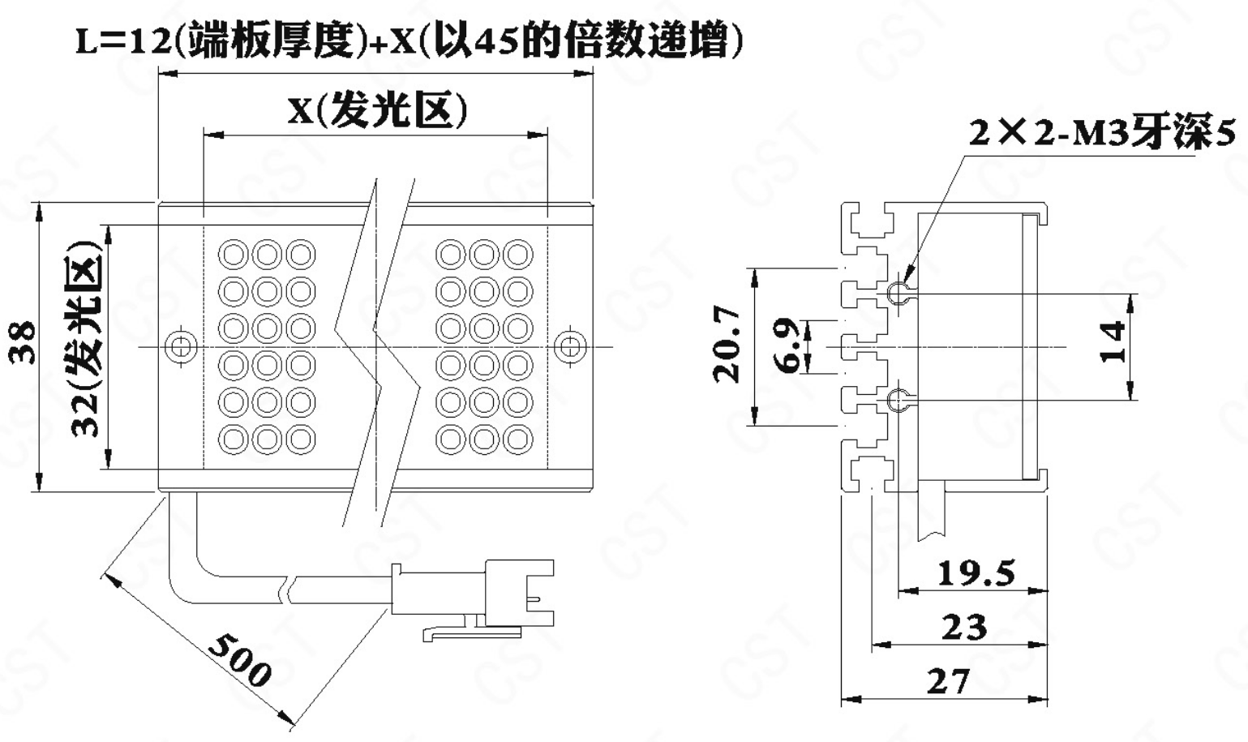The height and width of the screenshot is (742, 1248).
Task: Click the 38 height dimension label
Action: [24, 345]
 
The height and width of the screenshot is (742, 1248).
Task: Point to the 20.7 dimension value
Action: [727, 344]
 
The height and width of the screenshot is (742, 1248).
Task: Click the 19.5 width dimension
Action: [976, 573]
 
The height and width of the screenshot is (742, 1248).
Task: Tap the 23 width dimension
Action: [964, 627]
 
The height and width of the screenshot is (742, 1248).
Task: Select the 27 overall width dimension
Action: [947, 681]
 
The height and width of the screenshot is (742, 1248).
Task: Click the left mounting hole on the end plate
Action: [180, 347]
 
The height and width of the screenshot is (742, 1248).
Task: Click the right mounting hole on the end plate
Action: [570, 347]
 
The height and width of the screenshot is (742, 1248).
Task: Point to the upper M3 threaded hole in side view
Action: [897, 292]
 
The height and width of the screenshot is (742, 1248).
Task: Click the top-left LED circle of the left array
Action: [234, 255]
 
